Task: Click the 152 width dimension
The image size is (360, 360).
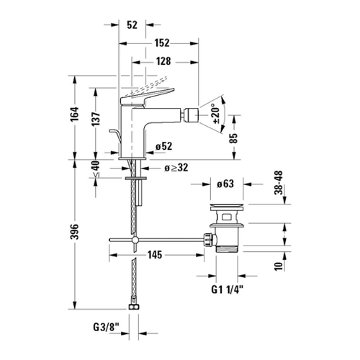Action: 162,43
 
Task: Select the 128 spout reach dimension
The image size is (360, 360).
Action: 163,61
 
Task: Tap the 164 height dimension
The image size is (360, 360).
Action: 75,114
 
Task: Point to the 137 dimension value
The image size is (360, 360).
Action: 96,119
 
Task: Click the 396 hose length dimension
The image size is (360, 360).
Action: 75,232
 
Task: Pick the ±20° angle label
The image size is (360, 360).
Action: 215,114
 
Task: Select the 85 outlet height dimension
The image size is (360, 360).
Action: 233,138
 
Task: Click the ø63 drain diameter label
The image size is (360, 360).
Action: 225,184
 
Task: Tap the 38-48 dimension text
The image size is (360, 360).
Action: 279,183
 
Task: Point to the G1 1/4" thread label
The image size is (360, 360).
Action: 227,289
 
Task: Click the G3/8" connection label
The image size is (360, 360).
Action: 107,327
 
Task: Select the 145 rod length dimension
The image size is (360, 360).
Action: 155,255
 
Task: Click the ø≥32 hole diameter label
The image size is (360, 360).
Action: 176,168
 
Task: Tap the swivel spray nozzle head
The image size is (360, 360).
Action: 191,116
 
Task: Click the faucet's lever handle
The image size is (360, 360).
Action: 146,96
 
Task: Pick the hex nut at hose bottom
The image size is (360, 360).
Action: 134,307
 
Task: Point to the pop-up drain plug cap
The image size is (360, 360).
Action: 227,207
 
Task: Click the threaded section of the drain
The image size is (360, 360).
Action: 227,248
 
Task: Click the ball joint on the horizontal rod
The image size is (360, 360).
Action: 135,240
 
